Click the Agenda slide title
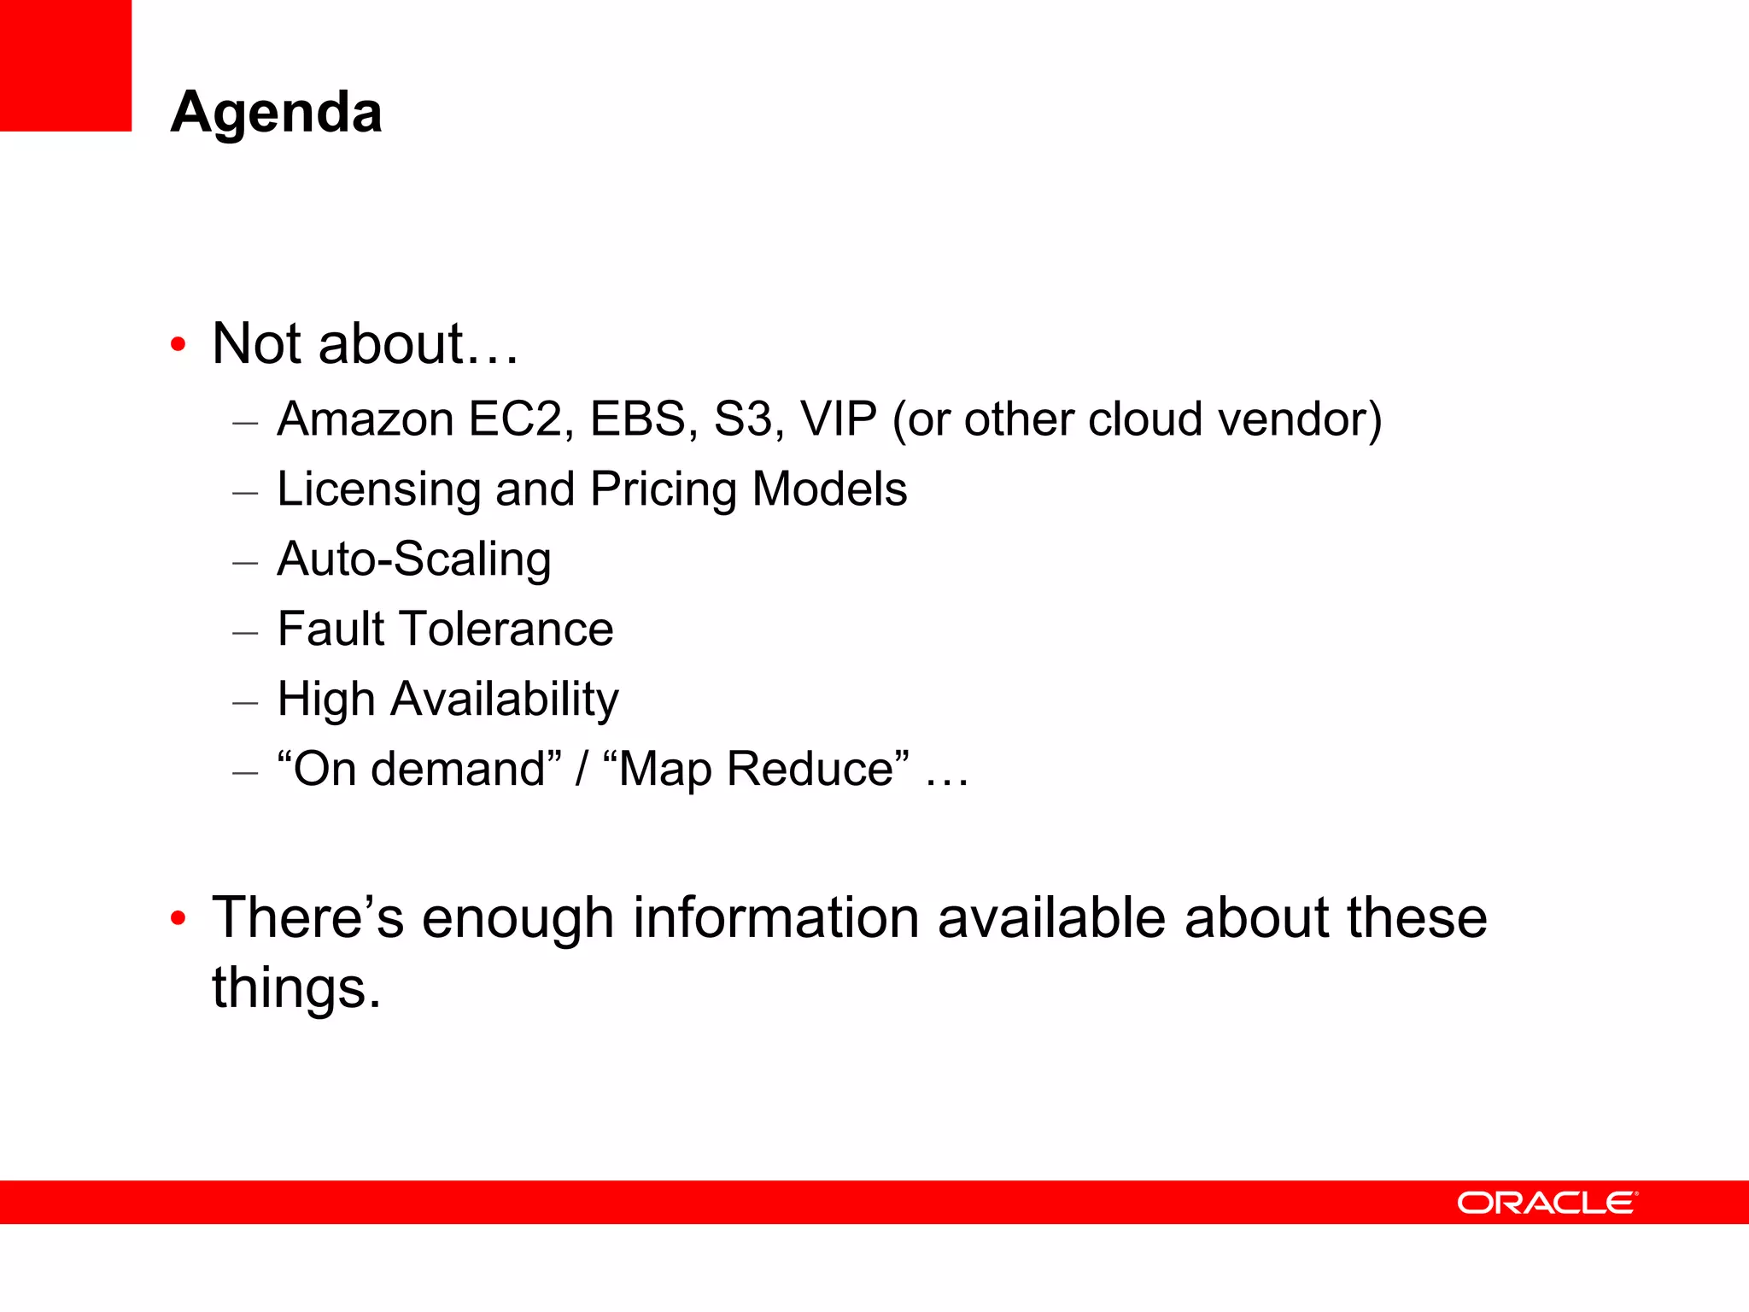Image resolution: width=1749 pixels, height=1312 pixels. click(276, 112)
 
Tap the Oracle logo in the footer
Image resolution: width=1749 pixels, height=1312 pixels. click(1547, 1203)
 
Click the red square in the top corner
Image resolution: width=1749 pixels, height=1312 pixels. click(66, 65)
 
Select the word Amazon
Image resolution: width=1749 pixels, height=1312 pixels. click(366, 419)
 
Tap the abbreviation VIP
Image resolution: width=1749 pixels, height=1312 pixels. click(839, 419)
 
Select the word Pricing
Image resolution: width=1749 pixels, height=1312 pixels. click(663, 490)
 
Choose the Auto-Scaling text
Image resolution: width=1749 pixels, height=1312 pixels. click(414, 559)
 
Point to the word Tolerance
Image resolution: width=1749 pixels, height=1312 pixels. click(507, 630)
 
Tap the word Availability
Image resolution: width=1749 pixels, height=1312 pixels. click(505, 700)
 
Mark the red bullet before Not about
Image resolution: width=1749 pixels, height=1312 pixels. click(178, 345)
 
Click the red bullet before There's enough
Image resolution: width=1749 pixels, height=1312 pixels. click(178, 919)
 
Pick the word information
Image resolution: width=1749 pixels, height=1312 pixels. click(775, 918)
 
